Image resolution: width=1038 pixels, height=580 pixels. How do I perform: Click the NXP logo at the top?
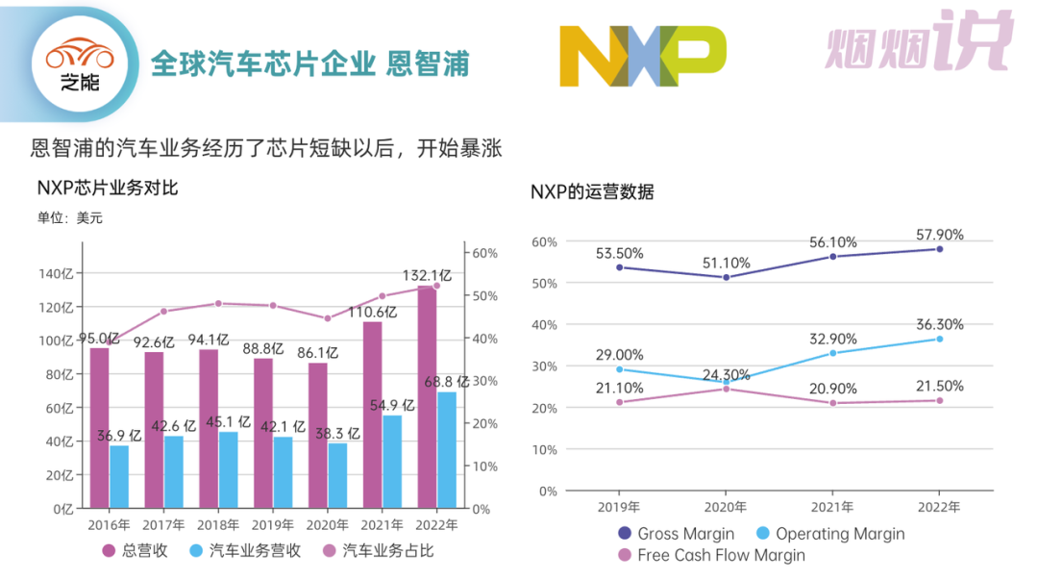642,55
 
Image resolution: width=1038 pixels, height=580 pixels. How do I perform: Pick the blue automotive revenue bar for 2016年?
119,476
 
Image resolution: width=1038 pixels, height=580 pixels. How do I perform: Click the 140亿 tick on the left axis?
57,273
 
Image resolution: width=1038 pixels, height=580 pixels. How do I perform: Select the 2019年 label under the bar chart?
273,525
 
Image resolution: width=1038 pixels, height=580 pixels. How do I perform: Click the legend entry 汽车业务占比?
379,551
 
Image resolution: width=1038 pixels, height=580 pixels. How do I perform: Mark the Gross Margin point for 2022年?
939,249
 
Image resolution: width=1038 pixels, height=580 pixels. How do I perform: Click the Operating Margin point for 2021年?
832,353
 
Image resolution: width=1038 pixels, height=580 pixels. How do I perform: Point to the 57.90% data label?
939,235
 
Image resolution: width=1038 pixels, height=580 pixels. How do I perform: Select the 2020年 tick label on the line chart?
726,507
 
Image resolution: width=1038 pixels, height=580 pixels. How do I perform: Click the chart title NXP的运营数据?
592,191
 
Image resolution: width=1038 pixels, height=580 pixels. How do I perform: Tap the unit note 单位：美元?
70,218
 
